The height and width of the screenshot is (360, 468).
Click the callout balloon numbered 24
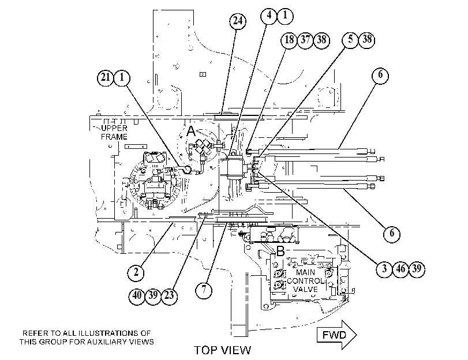click(238, 21)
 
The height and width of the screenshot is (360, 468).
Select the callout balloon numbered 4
click(269, 15)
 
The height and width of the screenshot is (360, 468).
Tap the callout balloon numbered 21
click(106, 78)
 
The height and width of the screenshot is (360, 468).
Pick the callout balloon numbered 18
click(289, 40)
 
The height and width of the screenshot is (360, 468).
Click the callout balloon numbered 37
click(305, 40)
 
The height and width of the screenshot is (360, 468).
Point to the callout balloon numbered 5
click(350, 39)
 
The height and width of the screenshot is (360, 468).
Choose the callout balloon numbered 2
click(136, 272)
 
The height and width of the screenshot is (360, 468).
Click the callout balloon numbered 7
click(204, 290)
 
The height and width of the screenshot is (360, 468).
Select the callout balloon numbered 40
click(137, 296)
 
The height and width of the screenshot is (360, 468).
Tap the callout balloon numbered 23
click(169, 296)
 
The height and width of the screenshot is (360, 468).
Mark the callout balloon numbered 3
click(384, 269)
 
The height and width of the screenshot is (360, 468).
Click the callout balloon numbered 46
click(400, 269)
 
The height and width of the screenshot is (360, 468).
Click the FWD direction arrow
click(336, 335)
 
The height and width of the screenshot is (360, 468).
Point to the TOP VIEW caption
click(223, 350)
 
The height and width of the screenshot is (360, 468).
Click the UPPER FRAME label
click(114, 133)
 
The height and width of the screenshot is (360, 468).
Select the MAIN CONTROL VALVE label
click(305, 281)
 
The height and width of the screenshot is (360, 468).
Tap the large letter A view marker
click(191, 132)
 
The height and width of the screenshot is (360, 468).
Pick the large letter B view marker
click(280, 252)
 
